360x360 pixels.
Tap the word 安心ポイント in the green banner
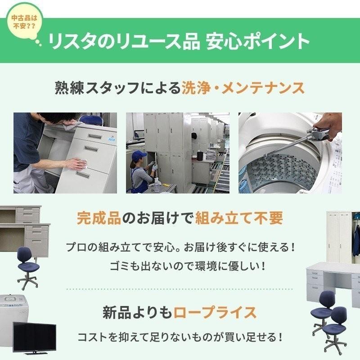pyautogui.click(x=257, y=41)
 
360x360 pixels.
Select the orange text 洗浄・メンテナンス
pyautogui.click(x=243, y=88)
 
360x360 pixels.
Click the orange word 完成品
pyautogui.click(x=99, y=218)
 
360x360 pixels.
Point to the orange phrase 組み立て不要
pyautogui.click(x=239, y=218)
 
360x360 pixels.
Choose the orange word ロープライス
pyautogui.click(x=215, y=312)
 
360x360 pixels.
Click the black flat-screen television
pyautogui.click(x=35, y=338)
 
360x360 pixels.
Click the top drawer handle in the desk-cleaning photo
pyautogui.click(x=95, y=137)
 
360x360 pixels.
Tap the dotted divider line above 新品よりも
pyautogui.click(x=180, y=289)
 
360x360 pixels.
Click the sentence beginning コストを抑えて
pyautogui.click(x=180, y=337)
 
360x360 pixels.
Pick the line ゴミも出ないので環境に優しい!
pyautogui.click(x=188, y=266)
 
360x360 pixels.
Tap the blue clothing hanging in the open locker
pyautogui.click(x=356, y=241)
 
